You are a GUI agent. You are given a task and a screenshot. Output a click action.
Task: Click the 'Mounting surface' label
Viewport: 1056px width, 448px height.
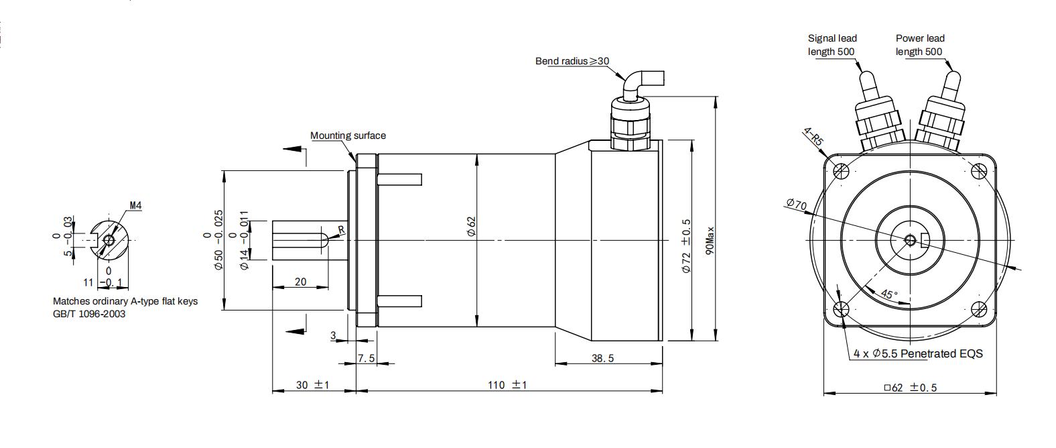click(x=348, y=135)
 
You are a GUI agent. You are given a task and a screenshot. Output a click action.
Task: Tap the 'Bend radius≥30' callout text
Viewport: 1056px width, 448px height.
click(x=572, y=61)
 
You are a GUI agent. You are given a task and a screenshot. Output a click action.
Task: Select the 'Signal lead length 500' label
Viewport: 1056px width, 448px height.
click(x=832, y=45)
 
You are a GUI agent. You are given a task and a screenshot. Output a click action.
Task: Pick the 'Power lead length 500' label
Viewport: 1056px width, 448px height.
click(x=919, y=45)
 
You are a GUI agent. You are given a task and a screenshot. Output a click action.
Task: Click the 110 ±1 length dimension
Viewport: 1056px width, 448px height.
click(x=507, y=385)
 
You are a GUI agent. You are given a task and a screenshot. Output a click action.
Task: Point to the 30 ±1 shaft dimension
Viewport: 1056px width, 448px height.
click(x=312, y=385)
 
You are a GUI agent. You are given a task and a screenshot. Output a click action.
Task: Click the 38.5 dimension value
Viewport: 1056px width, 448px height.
click(x=602, y=358)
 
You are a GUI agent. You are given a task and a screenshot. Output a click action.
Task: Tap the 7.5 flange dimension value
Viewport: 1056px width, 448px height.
click(x=366, y=358)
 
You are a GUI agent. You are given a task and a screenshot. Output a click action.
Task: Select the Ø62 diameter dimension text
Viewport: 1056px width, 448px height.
click(x=470, y=226)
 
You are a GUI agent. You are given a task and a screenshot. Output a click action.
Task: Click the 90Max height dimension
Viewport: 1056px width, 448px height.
click(x=710, y=239)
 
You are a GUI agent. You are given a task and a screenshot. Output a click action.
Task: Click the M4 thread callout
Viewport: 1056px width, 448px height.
click(x=135, y=206)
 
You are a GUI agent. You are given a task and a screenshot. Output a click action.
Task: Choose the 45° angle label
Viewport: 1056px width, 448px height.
click(x=888, y=294)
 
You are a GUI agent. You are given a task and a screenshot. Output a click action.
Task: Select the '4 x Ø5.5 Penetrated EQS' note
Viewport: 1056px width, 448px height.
click(x=918, y=353)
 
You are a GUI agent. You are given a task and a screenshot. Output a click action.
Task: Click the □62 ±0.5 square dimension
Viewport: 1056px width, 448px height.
click(x=909, y=388)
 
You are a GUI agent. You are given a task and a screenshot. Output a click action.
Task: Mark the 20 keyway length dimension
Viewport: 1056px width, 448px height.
click(x=300, y=282)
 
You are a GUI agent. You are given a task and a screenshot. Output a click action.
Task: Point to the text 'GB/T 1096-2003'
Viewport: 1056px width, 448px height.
click(x=89, y=314)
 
